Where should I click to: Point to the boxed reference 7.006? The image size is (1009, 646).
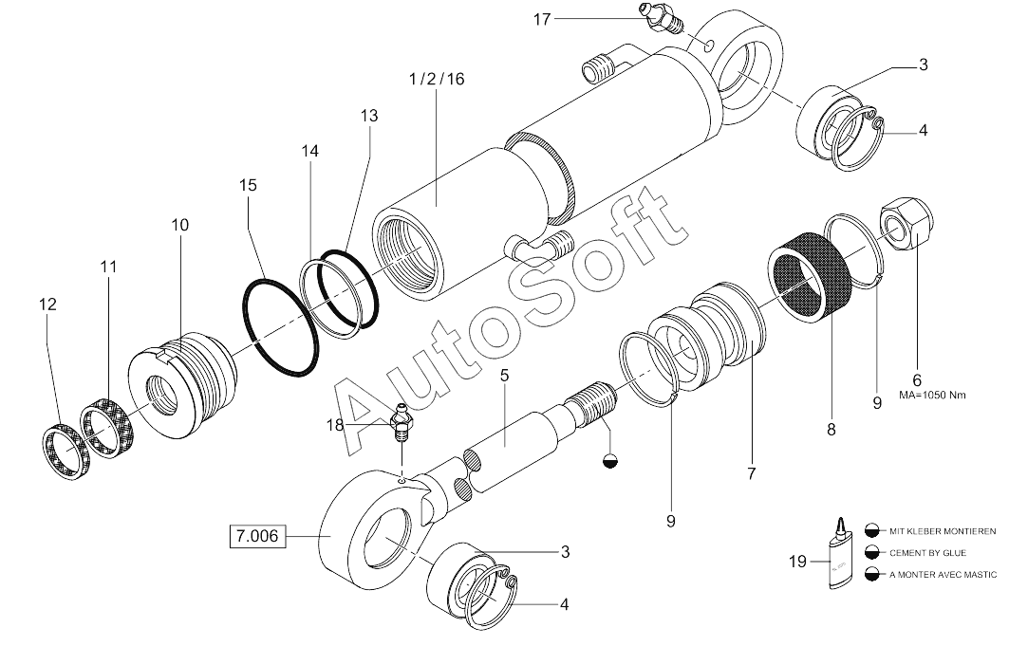point(255,537)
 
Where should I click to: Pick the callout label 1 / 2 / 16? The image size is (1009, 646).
point(436,81)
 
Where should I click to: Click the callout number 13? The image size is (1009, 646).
point(368,116)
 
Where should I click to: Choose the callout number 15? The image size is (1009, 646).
point(248,186)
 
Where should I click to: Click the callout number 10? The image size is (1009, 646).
point(179,225)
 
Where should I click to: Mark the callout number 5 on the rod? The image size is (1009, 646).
point(505,375)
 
